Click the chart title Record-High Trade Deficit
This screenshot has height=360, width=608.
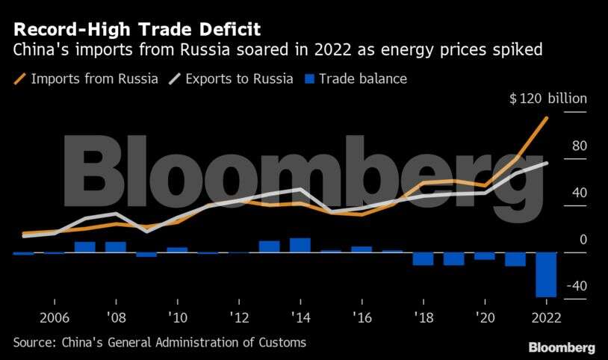tap(135, 31)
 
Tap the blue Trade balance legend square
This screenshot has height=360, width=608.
tap(311, 78)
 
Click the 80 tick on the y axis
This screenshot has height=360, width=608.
tap(580, 146)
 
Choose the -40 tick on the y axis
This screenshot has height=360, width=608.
tap(576, 286)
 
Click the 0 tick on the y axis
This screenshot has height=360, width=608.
tap(583, 240)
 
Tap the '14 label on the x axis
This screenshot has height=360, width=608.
tap(299, 317)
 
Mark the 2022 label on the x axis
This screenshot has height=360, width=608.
tap(546, 317)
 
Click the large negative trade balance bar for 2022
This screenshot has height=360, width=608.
tap(546, 275)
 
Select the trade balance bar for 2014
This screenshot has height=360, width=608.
tap(300, 245)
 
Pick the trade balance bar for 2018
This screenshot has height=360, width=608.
tap(423, 259)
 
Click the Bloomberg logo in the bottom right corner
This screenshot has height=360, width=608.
tap(562, 347)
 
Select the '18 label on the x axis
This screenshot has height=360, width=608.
tap(423, 317)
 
